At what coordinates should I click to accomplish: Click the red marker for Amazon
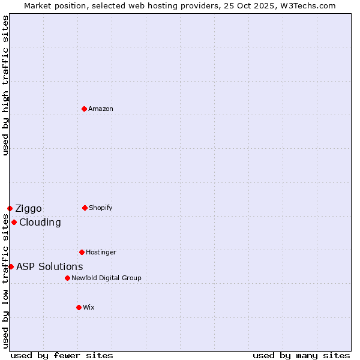coord(84,109)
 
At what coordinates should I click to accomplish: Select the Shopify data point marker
coord(85,208)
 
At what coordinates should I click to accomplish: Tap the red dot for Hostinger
coord(82,252)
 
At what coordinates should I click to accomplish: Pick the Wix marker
coord(79,307)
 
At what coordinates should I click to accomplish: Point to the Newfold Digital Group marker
coord(67,278)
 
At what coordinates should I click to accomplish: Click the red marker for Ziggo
coord(10,208)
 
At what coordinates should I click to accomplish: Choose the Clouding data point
coord(14,222)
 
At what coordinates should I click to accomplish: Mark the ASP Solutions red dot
coord(11,266)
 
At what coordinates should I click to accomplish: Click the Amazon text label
coord(101,109)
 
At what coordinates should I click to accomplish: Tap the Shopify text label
coord(101,208)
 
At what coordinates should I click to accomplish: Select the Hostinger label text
coord(101,252)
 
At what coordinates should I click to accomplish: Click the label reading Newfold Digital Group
coord(106,278)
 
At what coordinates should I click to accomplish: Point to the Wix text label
coord(89,307)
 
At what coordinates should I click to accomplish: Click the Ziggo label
coord(28,208)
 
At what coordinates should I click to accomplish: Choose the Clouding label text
coord(40,222)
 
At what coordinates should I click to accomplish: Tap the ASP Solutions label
coord(49,266)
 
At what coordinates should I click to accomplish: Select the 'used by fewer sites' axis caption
coord(62,355)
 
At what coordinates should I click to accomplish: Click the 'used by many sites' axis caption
coord(301,355)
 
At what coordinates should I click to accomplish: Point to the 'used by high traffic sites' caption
coord(5,85)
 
